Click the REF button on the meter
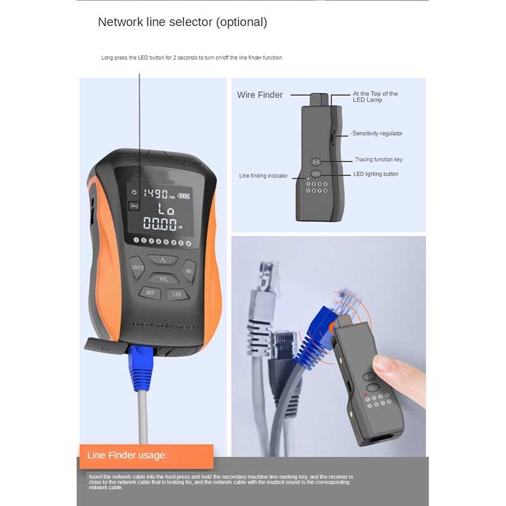pos(150,292)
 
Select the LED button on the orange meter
pos(177,293)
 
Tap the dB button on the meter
pos(188,270)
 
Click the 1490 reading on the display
pos(154,194)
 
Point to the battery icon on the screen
pos(183,195)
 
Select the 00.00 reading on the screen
pos(159,224)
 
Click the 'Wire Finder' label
pos(260,95)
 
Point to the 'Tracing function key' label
pos(379,159)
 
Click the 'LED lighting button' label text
pos(377,174)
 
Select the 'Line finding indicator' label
pos(263,175)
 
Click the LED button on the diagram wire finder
pos(317,174)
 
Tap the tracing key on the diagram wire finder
pos(317,161)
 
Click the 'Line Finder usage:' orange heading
pos(127,455)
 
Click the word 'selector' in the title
pos(190,22)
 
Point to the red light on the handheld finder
pos(365,395)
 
